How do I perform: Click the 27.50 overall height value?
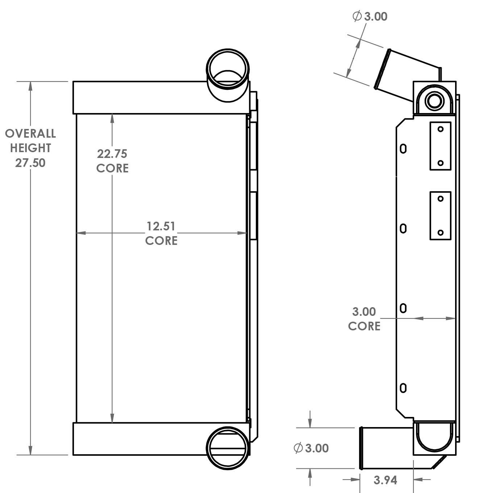click(30, 163)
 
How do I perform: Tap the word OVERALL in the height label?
click(30, 134)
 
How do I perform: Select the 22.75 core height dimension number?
click(112, 154)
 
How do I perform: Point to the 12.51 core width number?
click(161, 226)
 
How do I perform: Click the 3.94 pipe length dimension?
click(385, 480)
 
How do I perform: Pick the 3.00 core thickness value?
click(364, 312)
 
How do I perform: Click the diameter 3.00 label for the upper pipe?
click(370, 17)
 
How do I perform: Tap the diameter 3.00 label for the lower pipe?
click(311, 448)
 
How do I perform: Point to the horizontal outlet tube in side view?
click(386, 448)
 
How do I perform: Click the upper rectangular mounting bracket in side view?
click(440, 146)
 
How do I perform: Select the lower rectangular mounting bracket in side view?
click(440, 216)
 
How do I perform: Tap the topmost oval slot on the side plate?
click(403, 149)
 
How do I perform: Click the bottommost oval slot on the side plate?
click(403, 388)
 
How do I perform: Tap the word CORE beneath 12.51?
click(161, 241)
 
